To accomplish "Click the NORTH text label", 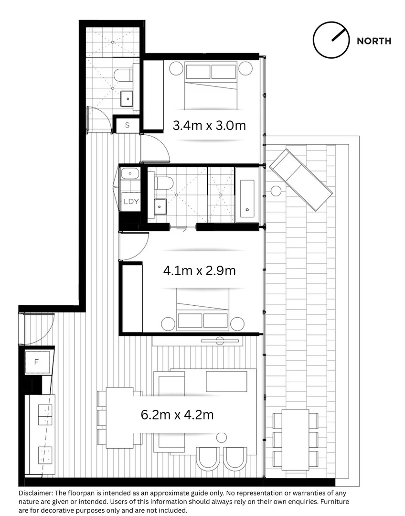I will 374,41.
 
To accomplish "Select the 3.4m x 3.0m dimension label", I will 209,126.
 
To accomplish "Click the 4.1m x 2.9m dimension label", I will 199,270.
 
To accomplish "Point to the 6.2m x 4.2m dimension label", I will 177,415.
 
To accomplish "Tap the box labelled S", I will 127,126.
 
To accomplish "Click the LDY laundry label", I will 130,201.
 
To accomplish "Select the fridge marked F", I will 36,362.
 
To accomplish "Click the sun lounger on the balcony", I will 300,179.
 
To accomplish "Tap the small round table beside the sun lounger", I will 276,191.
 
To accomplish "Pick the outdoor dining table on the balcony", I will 295,439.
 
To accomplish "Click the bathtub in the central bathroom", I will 247,195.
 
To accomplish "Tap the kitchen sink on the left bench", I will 45,414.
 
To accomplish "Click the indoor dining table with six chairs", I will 119,417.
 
